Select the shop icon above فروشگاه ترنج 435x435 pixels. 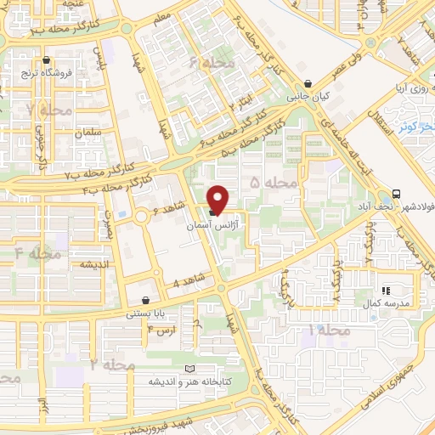47,60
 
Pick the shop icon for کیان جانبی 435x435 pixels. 308,83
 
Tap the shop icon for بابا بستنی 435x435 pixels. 148,300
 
